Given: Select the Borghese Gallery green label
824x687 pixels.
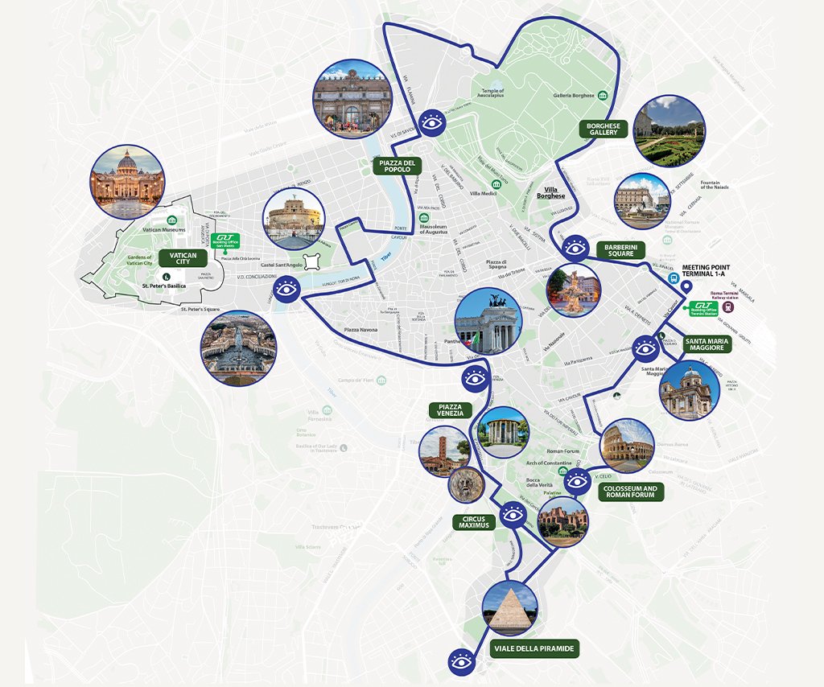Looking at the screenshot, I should [603, 129].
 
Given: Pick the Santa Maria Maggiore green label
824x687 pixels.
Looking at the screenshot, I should [708, 344].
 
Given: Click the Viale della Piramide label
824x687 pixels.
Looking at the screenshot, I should [535, 648].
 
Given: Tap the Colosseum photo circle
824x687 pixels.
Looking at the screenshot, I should [628, 446].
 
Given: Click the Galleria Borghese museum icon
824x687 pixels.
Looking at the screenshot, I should [602, 96].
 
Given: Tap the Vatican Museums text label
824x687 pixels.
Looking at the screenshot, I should [163, 231].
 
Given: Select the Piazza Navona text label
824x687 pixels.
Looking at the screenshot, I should [361, 330].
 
